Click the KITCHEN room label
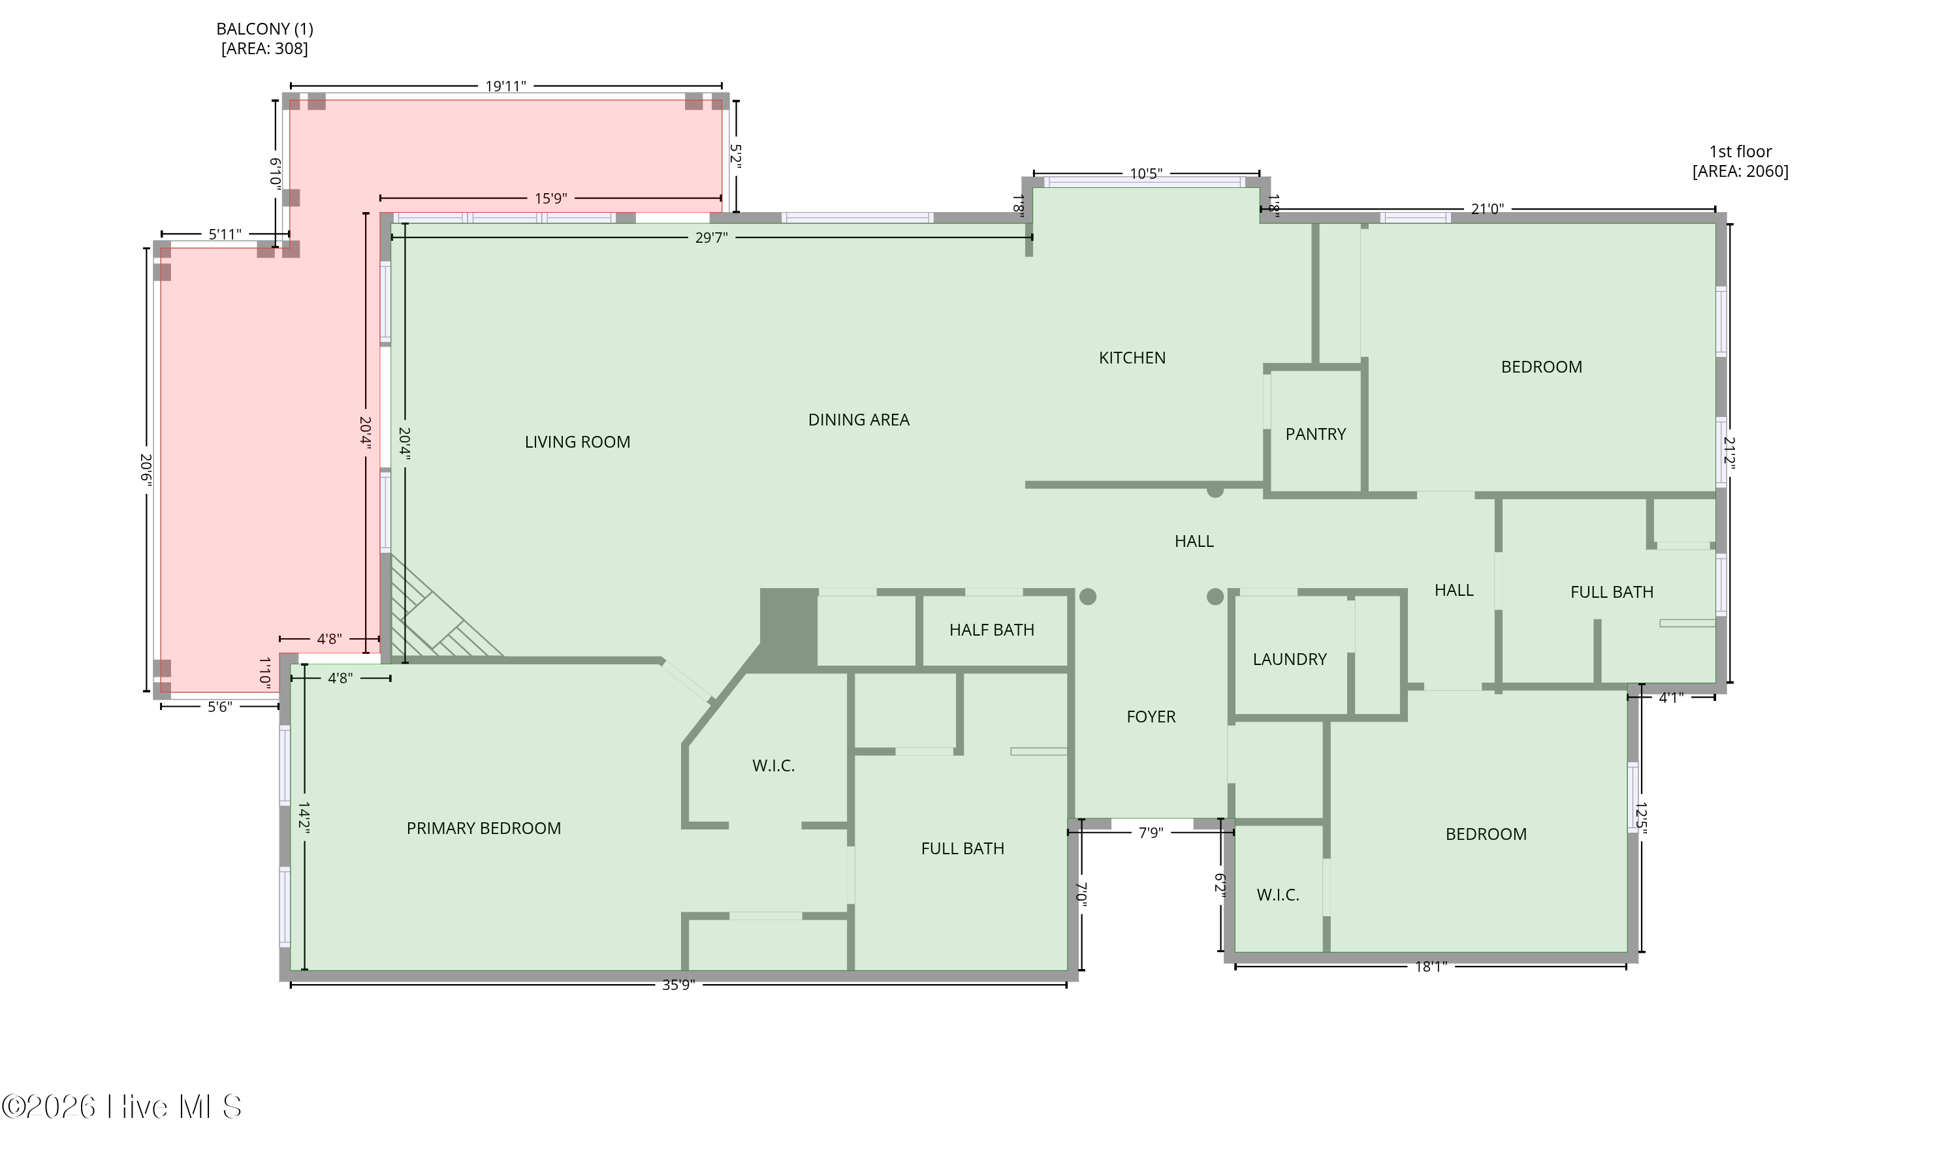(x=1132, y=358)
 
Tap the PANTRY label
(x=1315, y=434)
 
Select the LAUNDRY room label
(x=1289, y=659)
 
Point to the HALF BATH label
(x=992, y=630)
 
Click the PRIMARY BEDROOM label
(x=484, y=828)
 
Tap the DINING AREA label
(x=859, y=420)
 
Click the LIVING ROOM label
(x=577, y=442)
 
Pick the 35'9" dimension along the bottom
(x=678, y=985)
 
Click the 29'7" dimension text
(x=711, y=238)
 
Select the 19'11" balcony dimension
(x=505, y=86)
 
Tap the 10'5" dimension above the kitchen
(x=1146, y=174)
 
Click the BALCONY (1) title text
(x=265, y=29)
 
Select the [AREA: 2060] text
(x=1740, y=171)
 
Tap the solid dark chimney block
(x=788, y=628)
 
